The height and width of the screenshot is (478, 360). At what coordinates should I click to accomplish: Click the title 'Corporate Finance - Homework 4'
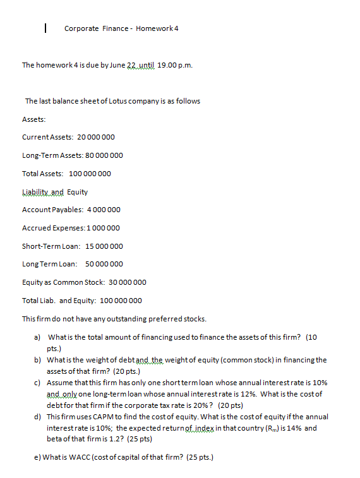121,28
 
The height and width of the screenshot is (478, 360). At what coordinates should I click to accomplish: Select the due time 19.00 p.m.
175,65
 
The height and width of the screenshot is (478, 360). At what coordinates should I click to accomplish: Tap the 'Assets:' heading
34,119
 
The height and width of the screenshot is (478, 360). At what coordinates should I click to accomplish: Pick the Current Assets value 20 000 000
95,137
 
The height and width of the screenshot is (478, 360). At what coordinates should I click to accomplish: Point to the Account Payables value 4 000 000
103,210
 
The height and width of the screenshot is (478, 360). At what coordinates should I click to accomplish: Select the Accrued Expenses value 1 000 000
102,228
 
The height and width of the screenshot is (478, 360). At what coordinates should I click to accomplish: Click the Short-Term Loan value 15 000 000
104,246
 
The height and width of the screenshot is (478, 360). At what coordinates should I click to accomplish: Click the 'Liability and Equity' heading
55,192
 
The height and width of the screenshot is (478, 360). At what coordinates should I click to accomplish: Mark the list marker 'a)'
37,338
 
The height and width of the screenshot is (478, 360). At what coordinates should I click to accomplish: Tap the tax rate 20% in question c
208,405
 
